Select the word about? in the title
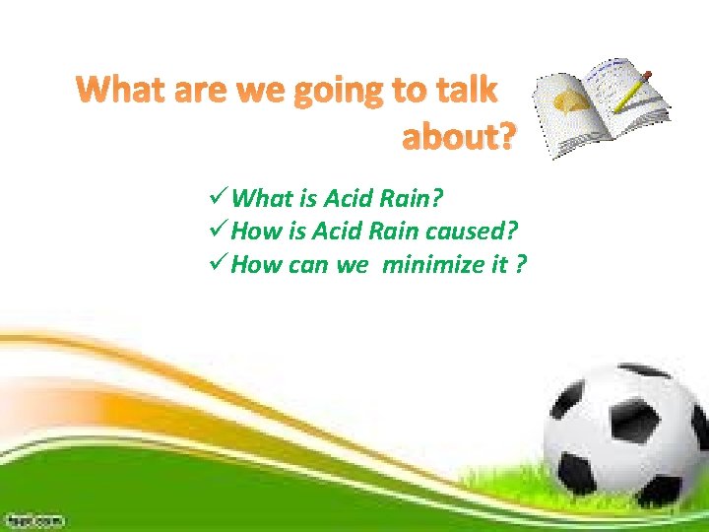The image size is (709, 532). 458,139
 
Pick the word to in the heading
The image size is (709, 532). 407,91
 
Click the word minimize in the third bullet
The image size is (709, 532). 426,266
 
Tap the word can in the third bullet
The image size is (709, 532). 310,266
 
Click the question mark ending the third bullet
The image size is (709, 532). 520,266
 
